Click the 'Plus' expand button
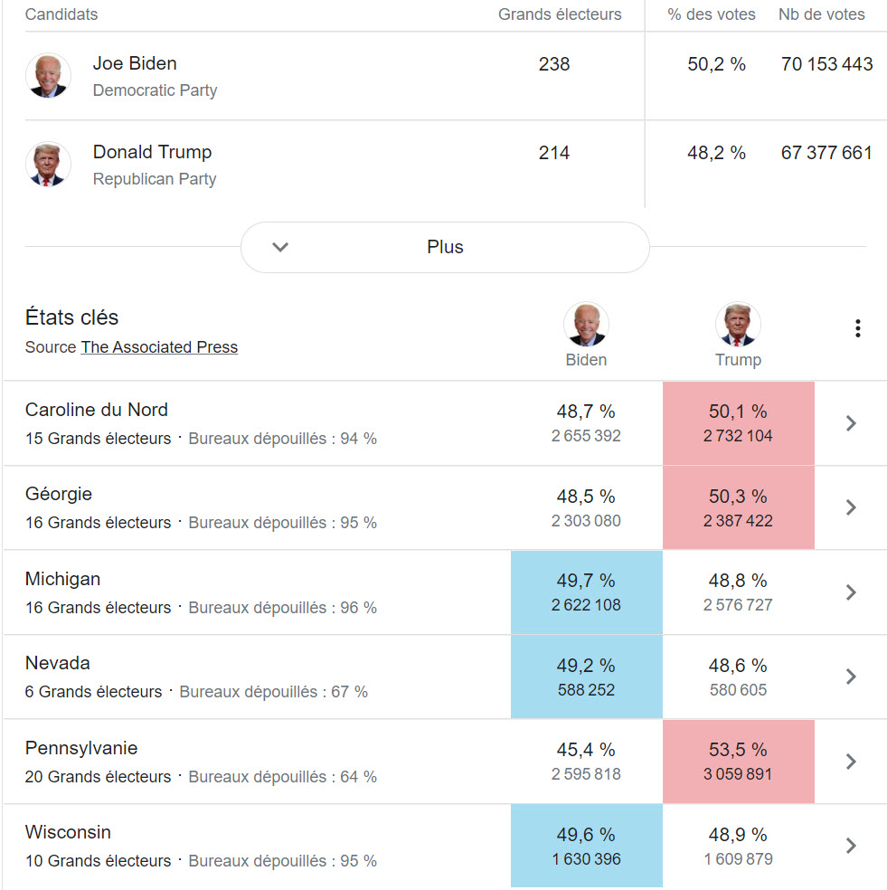[x=445, y=247]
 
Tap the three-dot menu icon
[x=857, y=328]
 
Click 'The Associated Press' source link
[x=159, y=347]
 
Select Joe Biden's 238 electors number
[x=554, y=64]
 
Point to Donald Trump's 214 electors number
[x=554, y=153]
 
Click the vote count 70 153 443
[x=826, y=64]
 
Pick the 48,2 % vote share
[x=716, y=153]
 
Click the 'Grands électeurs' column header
[x=560, y=14]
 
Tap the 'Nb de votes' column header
[x=821, y=14]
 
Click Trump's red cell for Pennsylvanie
[x=738, y=762]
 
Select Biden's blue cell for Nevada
[x=586, y=677]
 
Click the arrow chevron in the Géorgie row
[x=850, y=507]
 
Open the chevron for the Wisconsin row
[x=850, y=846]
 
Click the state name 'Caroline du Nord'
[x=97, y=410]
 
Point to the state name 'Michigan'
[x=63, y=579]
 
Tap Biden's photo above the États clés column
[x=586, y=325]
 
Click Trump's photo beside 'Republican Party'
[x=48, y=164]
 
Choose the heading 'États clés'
[x=72, y=317]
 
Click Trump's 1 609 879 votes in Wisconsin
[x=738, y=859]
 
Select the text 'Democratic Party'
[x=155, y=90]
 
